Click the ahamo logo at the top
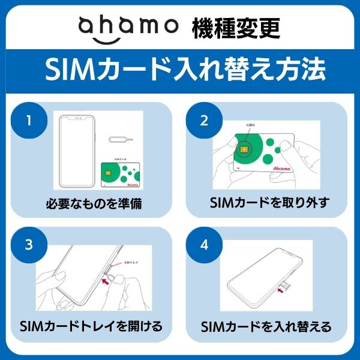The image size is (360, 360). tap(128, 26)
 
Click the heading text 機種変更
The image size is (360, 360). tap(235, 27)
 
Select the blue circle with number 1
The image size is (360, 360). tap(28, 120)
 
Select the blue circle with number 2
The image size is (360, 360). tap(204, 120)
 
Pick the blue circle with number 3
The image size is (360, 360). tap(28, 245)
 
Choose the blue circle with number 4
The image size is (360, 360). tap(204, 245)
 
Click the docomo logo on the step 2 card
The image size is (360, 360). tap(281, 170)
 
